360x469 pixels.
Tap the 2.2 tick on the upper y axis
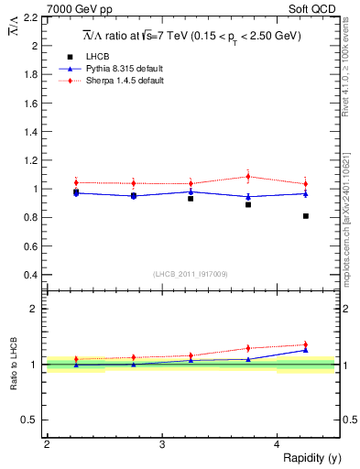(x=30, y=17)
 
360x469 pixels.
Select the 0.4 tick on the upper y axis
(x=30, y=275)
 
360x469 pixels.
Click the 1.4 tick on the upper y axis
(x=30, y=132)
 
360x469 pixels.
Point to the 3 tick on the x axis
(x=161, y=444)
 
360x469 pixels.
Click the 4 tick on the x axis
(x=277, y=444)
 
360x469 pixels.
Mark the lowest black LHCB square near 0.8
(x=306, y=216)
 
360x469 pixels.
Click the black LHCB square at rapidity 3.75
(x=248, y=204)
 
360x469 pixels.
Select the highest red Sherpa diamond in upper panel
(x=248, y=177)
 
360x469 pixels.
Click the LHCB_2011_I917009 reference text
(x=190, y=274)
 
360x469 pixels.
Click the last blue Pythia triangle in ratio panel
(x=306, y=350)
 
